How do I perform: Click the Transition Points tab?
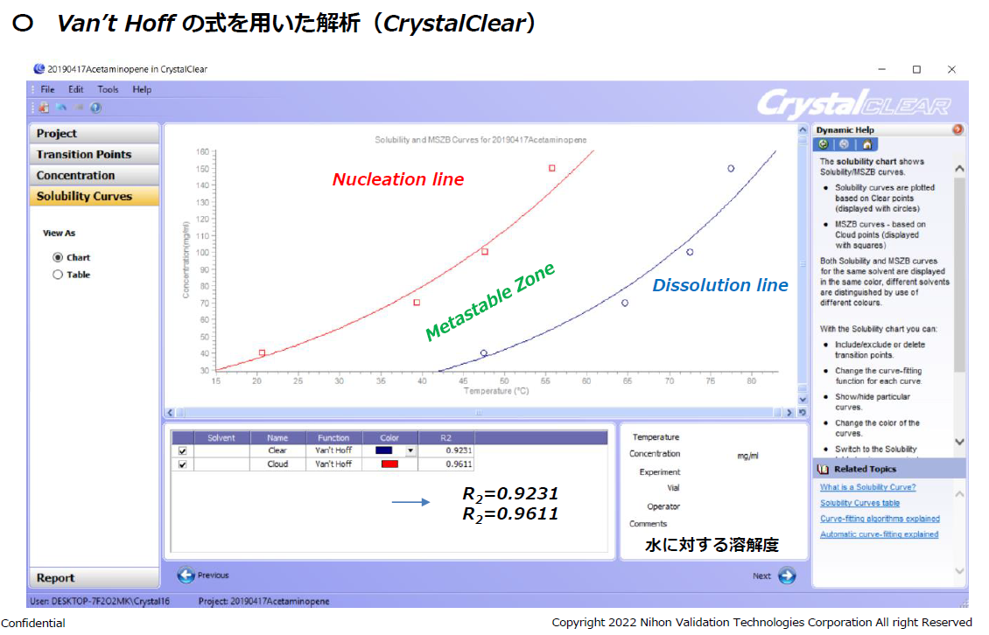94,155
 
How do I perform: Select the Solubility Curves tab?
94,196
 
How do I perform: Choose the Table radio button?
58,275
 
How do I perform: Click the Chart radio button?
58,257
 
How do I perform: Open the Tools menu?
108,89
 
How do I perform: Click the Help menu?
142,89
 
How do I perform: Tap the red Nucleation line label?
398,179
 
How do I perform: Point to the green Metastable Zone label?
490,302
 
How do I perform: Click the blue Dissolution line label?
719,285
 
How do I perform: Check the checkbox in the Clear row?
182,450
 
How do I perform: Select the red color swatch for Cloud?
389,464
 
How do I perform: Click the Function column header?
333,437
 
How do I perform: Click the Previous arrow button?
186,576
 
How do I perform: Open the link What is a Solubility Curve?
868,487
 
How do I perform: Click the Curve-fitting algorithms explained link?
880,519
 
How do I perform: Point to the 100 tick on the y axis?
202,253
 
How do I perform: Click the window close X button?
951,69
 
